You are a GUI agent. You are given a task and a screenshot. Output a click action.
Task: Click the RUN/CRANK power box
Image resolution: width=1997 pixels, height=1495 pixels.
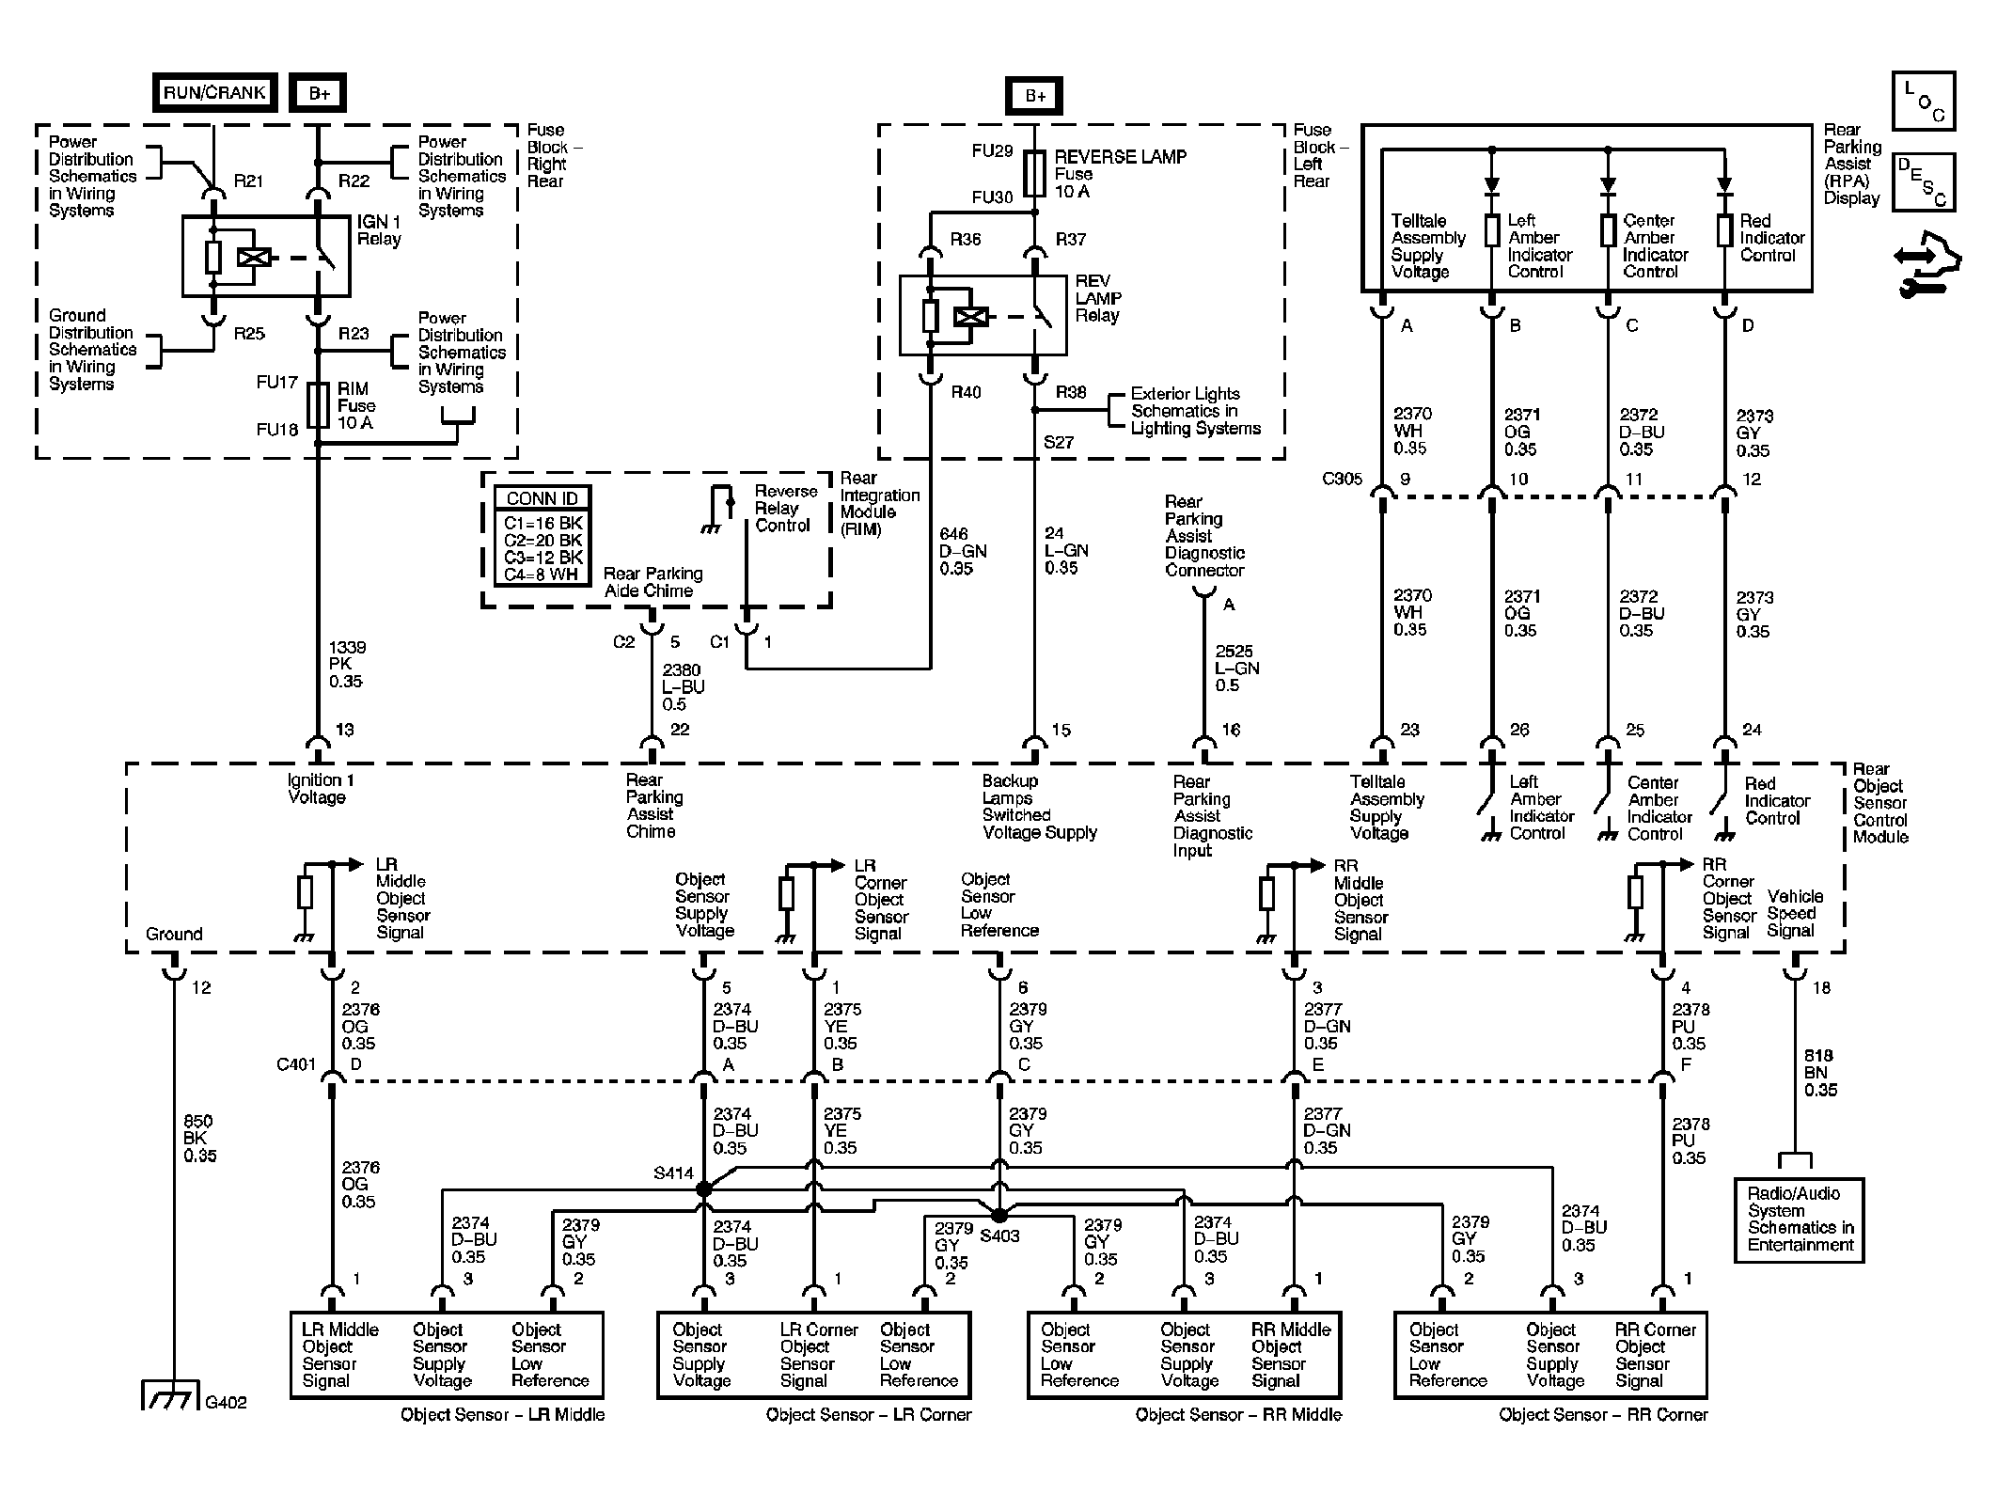pyautogui.click(x=214, y=92)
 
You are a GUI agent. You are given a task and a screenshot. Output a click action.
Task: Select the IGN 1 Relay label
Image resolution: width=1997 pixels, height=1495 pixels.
pyautogui.click(x=379, y=230)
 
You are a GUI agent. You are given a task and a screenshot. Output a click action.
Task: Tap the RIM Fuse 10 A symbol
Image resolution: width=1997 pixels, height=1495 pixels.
pyautogui.click(x=319, y=405)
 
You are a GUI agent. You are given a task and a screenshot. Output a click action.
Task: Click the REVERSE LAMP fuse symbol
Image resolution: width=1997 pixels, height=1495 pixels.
pyautogui.click(x=1034, y=174)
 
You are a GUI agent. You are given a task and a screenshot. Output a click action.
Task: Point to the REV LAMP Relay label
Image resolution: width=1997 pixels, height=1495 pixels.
pyautogui.click(x=1098, y=298)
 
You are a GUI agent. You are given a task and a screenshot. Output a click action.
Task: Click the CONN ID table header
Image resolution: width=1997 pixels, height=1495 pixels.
pyautogui.click(x=542, y=498)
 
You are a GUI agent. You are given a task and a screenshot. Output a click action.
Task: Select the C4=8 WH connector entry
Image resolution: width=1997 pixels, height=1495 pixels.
pyautogui.click(x=542, y=574)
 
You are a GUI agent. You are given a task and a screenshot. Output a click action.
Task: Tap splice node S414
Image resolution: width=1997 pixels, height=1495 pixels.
pyautogui.click(x=703, y=1189)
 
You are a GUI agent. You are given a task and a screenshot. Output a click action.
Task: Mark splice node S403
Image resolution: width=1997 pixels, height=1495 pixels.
pyautogui.click(x=998, y=1214)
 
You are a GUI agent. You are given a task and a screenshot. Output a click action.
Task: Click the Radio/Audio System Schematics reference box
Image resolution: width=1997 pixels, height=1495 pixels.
pyautogui.click(x=1799, y=1219)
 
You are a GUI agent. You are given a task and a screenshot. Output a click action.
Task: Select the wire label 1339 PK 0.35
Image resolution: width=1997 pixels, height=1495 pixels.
pyautogui.click(x=347, y=664)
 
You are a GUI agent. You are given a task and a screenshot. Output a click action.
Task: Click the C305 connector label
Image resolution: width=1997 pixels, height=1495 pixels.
pyautogui.click(x=1342, y=479)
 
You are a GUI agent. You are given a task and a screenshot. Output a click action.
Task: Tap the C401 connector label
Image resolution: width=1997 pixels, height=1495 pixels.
pyautogui.click(x=296, y=1064)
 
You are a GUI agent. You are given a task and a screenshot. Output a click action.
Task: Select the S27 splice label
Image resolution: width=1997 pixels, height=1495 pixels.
pyautogui.click(x=1059, y=442)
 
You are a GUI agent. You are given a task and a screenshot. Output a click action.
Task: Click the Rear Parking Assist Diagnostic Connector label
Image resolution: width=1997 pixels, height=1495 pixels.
pyautogui.click(x=1204, y=536)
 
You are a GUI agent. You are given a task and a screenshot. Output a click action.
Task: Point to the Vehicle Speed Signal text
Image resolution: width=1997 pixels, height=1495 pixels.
pyautogui.click(x=1794, y=913)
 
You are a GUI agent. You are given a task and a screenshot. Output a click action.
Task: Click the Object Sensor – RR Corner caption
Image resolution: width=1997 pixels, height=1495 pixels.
pyautogui.click(x=1603, y=1415)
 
